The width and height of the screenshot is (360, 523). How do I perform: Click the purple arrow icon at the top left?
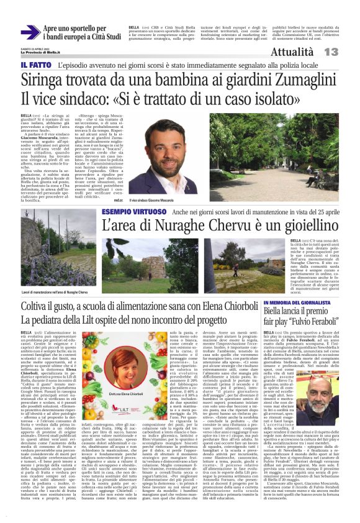[30, 33]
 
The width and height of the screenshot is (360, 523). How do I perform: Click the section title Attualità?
[292, 52]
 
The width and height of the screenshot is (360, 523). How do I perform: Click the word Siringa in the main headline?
[45, 80]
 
